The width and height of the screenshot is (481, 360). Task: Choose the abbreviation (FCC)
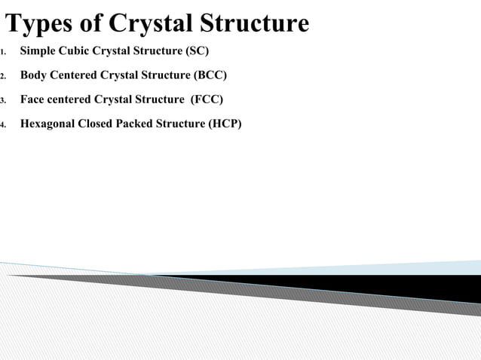(x=207, y=100)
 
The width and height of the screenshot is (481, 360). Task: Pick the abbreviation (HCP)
(x=225, y=124)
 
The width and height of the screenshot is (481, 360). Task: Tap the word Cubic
(x=74, y=52)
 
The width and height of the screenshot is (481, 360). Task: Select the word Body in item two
(x=33, y=76)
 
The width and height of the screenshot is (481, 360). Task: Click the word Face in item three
(x=32, y=100)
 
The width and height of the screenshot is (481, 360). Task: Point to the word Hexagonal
(x=47, y=124)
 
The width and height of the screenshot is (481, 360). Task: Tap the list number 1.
(x=3, y=53)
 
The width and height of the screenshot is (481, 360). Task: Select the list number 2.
(x=3, y=77)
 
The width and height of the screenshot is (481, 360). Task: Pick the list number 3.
(x=3, y=101)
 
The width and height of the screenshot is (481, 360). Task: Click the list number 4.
(x=3, y=125)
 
